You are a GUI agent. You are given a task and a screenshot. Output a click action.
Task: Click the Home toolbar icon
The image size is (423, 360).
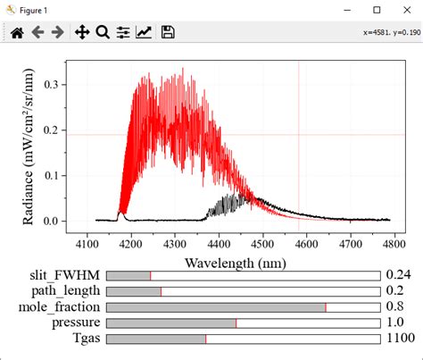pos(16,33)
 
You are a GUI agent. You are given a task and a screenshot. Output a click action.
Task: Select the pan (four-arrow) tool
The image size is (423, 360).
pos(81,33)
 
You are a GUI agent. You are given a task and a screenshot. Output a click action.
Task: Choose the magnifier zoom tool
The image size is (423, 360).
pos(103,33)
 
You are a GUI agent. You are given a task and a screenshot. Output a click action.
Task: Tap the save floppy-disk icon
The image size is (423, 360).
pos(168,33)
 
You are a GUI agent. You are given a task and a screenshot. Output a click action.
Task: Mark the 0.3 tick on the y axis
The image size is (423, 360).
pos(51,85)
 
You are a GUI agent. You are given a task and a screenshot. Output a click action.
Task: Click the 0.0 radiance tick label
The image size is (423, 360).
pos(51,221)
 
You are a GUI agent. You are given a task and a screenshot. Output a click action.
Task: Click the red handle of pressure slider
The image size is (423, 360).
pos(236,322)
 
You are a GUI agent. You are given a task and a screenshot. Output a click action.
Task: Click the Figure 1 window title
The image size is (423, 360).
pos(36,10)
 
